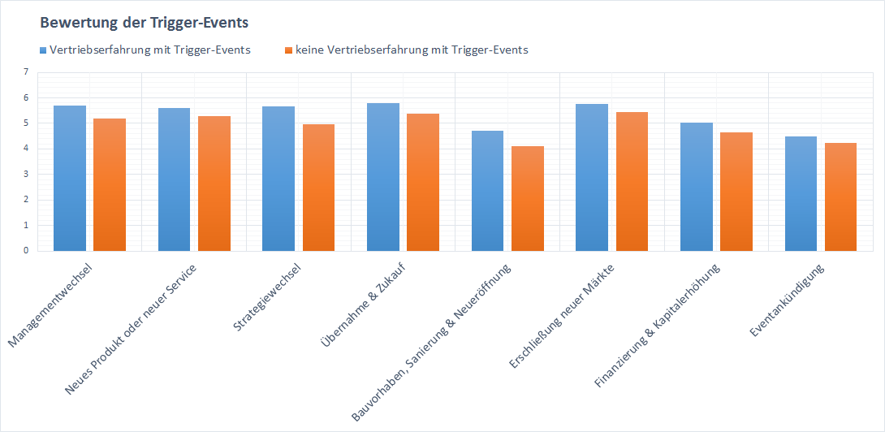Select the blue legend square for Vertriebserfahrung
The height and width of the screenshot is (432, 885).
pos(44,50)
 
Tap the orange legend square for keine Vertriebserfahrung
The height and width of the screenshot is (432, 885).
pos(288,50)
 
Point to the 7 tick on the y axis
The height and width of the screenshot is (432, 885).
pos(25,72)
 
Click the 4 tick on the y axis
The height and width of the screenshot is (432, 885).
pos(25,149)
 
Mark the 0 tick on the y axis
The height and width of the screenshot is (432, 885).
pos(25,250)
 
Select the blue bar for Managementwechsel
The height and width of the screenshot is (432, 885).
pos(69,179)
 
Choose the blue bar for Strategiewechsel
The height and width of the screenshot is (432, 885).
pos(278,179)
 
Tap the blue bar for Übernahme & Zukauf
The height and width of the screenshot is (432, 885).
pos(382,177)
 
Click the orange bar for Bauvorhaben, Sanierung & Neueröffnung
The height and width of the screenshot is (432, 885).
pos(528,199)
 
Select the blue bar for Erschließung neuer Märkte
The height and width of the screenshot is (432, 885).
pos(592,178)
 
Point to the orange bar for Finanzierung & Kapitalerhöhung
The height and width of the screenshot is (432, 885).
pos(737,192)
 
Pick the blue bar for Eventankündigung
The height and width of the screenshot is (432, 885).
pos(801,194)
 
